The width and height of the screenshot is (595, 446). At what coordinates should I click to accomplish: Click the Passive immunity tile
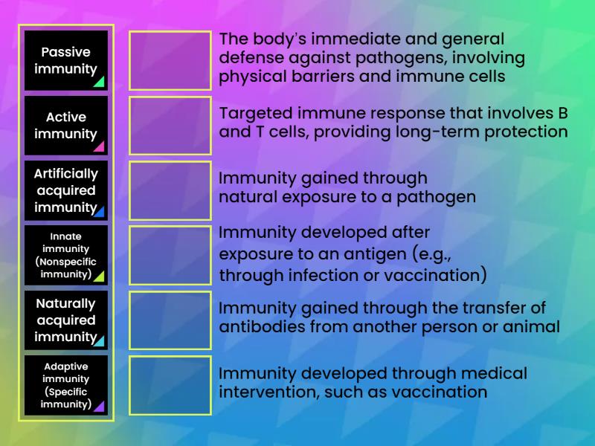click(x=66, y=60)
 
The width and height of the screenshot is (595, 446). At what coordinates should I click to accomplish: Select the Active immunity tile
click(x=66, y=125)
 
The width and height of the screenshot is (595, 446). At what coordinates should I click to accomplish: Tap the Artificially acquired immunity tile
click(x=66, y=190)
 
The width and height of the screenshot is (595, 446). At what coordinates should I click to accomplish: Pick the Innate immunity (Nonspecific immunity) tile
click(x=66, y=255)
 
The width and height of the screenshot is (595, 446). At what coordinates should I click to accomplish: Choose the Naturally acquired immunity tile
click(x=66, y=320)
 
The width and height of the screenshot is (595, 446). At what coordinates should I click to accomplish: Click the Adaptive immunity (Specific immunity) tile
click(x=66, y=385)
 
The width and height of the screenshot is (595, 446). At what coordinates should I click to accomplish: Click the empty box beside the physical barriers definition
click(x=170, y=60)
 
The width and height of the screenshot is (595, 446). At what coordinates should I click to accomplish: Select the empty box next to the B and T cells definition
click(x=170, y=125)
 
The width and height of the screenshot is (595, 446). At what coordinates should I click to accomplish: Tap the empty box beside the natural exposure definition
click(x=170, y=190)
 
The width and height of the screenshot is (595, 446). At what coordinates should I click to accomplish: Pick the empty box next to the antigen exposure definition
click(x=170, y=255)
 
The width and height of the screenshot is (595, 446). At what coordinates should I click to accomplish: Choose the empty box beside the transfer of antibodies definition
click(x=170, y=320)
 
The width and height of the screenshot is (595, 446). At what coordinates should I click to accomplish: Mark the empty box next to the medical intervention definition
click(x=170, y=385)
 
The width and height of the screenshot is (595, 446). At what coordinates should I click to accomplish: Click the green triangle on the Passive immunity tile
click(x=100, y=82)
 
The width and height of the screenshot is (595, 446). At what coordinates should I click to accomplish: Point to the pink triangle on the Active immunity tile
click(x=100, y=146)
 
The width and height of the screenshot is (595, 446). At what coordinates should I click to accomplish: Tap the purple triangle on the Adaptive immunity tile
click(x=100, y=407)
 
